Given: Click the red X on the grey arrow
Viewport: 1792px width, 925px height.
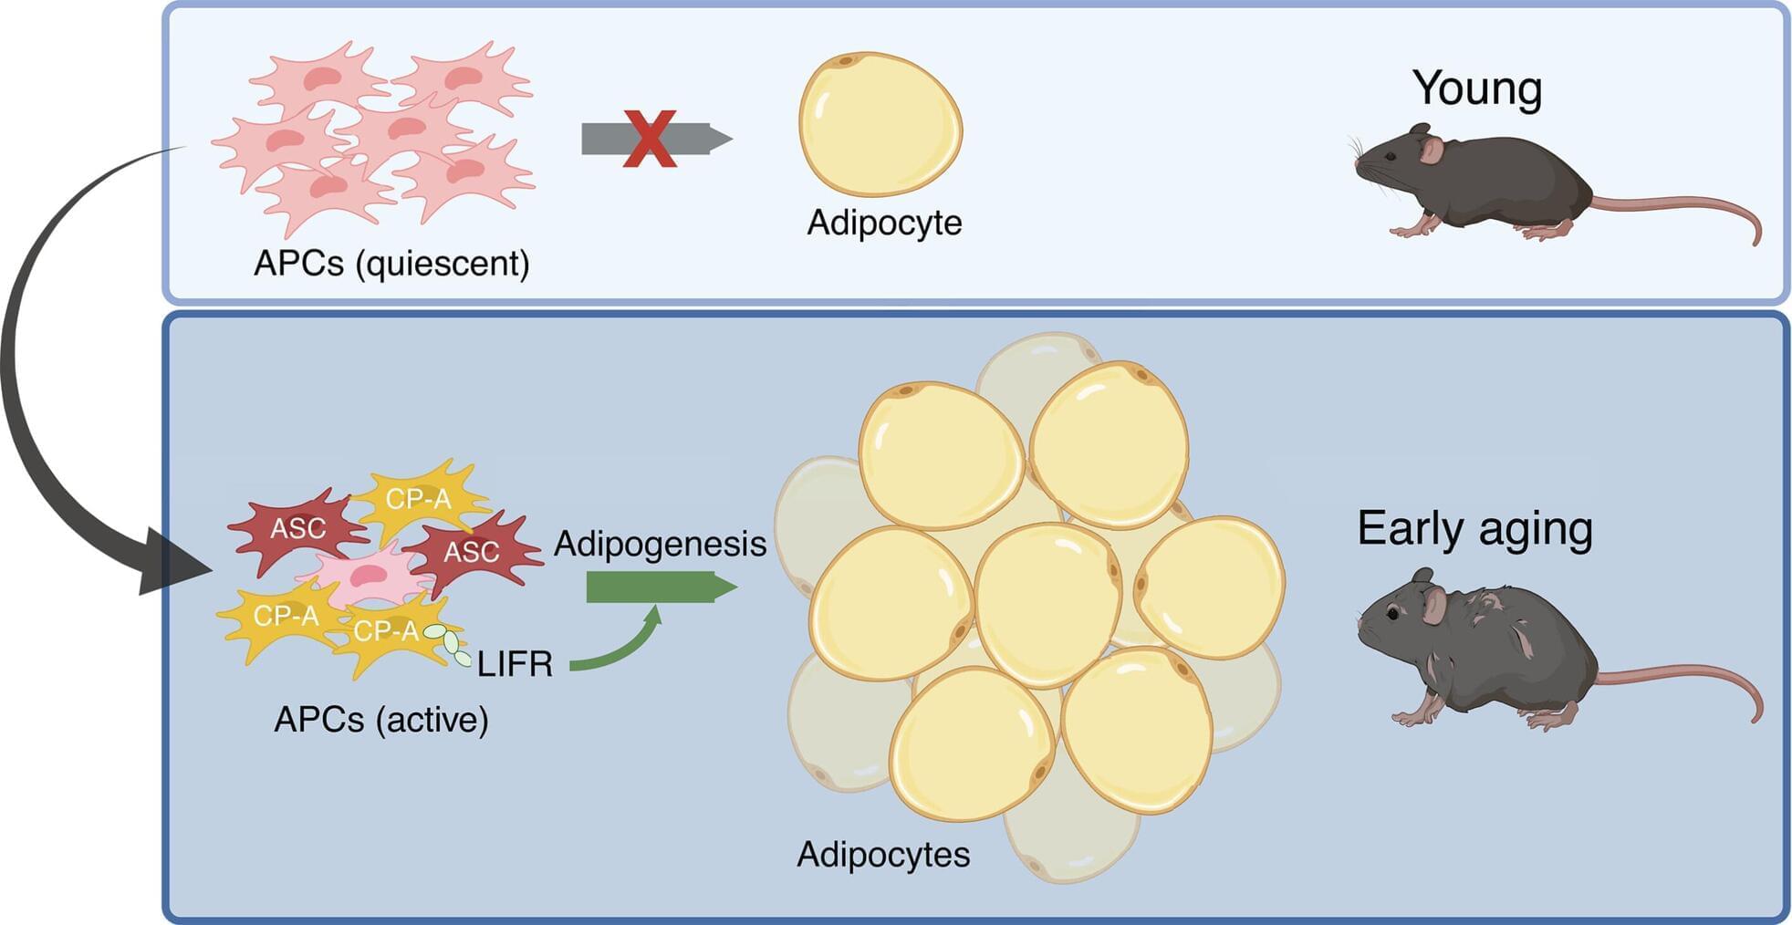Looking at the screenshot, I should coord(650,139).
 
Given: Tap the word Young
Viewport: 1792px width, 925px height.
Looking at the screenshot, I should coord(1477,88).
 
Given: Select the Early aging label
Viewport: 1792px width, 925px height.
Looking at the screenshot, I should coord(1474,528).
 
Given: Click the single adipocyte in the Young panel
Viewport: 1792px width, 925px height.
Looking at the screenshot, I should coord(880,124).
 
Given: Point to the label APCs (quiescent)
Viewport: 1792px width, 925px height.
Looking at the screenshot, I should coord(391,264).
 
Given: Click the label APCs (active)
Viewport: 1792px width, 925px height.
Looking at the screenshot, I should coord(381,720).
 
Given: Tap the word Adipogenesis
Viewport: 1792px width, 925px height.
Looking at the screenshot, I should coord(660,544).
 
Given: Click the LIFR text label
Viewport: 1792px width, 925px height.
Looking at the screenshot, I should coord(515,664).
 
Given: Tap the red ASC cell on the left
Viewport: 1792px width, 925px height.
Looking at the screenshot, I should coord(297,528).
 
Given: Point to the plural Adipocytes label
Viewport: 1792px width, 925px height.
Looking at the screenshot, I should coord(882,855).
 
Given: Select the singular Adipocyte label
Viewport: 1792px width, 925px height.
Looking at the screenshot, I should coord(884,223).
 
